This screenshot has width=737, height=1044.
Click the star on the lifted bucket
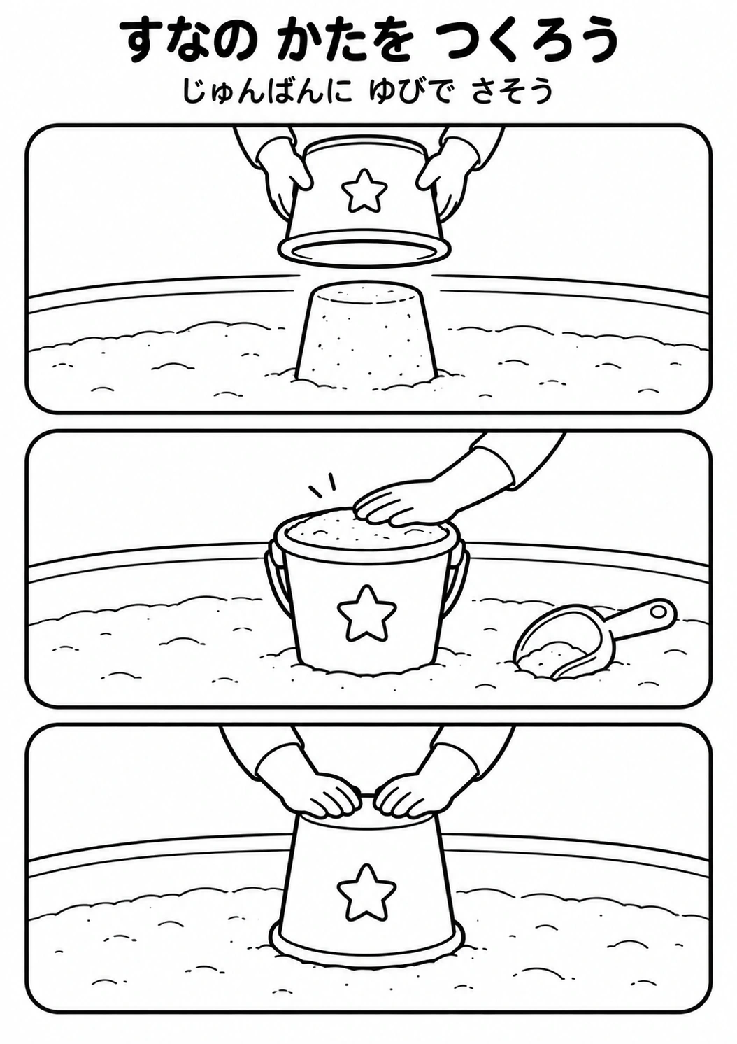click(364, 190)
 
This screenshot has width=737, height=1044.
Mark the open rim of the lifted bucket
click(364, 252)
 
